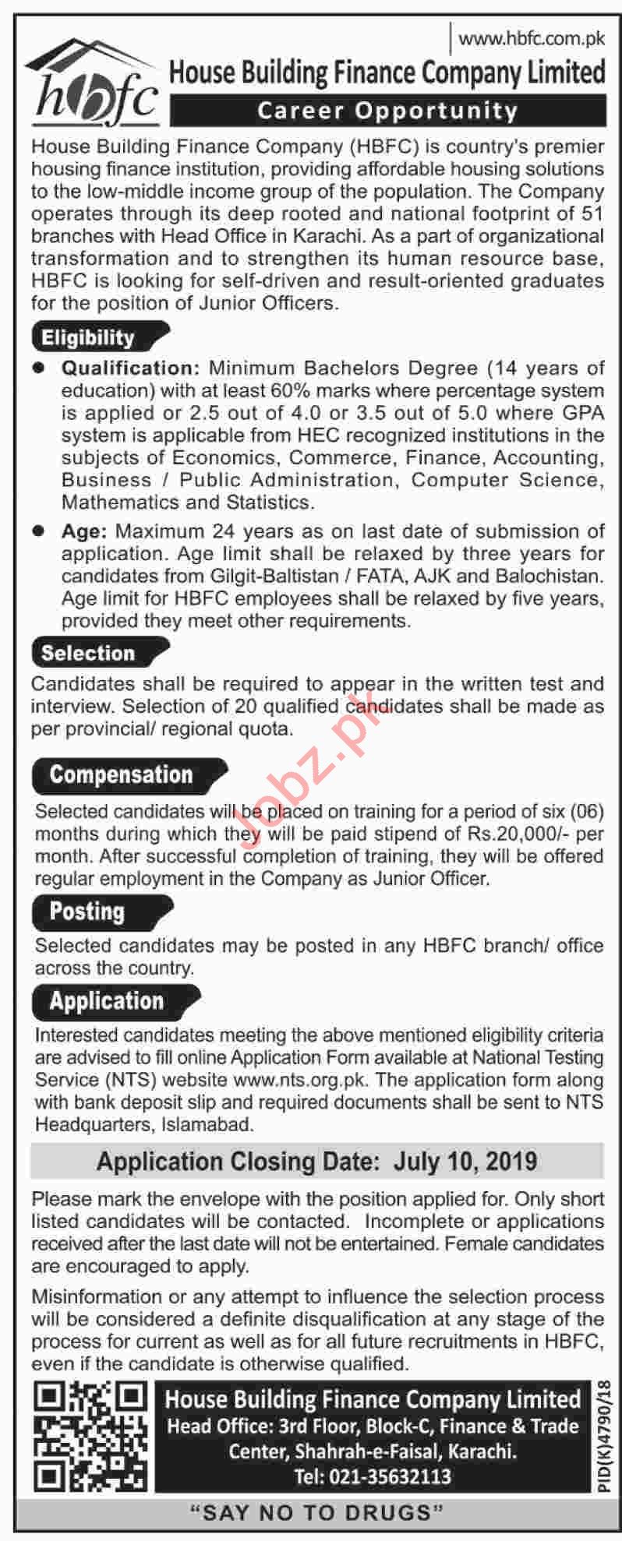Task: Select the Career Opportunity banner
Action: [387, 111]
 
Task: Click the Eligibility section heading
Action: [89, 337]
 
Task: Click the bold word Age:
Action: [84, 531]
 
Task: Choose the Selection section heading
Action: [88, 653]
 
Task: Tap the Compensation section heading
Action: [121, 774]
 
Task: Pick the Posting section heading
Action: [87, 912]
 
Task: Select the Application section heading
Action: [107, 1001]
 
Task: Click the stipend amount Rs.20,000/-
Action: [516, 834]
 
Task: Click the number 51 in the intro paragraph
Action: [592, 213]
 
